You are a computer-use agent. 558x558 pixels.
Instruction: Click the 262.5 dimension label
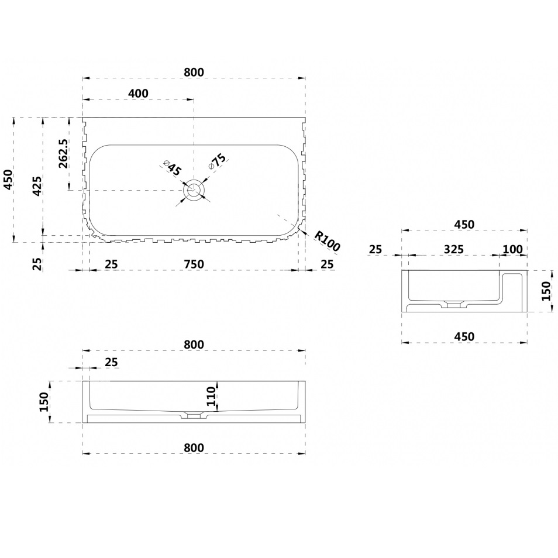pos(63,154)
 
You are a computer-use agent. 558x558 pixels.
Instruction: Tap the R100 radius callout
pos(328,241)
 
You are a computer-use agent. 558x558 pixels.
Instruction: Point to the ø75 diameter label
pos(217,162)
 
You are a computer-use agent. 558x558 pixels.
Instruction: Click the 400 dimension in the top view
pos(138,93)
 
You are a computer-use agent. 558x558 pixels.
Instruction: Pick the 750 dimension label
pos(194,264)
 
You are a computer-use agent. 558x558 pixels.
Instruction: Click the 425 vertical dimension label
pos(37,185)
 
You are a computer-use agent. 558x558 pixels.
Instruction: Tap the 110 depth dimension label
pos(211,396)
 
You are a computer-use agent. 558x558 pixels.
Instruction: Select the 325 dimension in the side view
pos(454,250)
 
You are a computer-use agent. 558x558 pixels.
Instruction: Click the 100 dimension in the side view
pos(513,250)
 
